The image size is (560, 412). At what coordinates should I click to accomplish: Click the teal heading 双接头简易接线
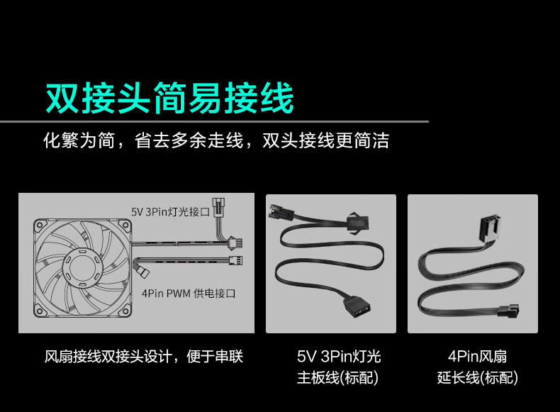(170, 98)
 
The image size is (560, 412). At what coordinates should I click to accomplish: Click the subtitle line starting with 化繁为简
(216, 140)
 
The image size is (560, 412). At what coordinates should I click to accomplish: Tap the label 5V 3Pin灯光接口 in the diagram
(170, 212)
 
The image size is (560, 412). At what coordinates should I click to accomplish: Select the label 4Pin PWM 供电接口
(189, 294)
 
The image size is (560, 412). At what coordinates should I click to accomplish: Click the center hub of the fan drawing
(83, 267)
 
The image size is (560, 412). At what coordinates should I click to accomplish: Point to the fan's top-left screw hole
(40, 225)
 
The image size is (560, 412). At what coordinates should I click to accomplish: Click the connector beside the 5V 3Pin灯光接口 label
(218, 207)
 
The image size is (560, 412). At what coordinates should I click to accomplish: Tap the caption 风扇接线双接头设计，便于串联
(144, 357)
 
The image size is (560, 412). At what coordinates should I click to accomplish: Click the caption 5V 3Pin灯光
(339, 356)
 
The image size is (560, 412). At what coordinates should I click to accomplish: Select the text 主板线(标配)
(337, 378)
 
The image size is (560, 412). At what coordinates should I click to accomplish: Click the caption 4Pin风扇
(477, 356)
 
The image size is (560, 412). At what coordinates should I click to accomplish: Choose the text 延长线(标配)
(478, 378)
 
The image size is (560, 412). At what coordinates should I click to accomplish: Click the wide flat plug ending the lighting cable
(357, 306)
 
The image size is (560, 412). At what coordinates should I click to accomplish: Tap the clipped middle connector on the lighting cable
(357, 223)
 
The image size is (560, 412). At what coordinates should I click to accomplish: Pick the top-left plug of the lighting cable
(281, 213)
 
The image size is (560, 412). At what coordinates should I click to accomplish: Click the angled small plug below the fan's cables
(143, 272)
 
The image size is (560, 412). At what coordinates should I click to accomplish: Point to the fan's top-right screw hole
(125, 225)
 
